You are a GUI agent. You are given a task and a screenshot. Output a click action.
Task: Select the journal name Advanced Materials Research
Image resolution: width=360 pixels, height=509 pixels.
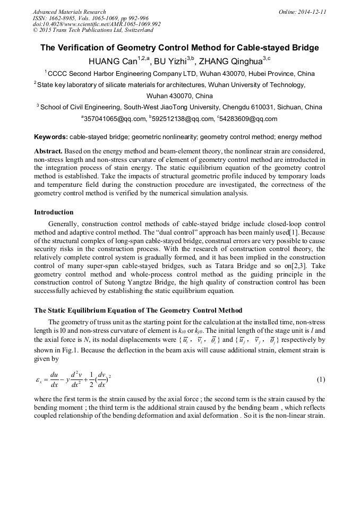[69, 12]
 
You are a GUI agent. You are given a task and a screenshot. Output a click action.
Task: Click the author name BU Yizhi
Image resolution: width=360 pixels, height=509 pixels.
[171, 61]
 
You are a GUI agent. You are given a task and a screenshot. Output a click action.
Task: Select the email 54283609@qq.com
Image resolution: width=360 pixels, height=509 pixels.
[248, 119]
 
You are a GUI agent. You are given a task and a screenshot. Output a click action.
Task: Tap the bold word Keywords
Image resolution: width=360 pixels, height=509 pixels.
[50, 137]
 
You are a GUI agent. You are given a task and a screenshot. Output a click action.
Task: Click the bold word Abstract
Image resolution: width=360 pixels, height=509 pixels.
[48, 151]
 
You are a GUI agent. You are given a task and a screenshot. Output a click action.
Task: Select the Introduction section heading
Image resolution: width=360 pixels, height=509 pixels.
[54, 212]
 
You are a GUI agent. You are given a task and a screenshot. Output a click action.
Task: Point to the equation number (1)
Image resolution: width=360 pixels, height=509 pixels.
[321, 379]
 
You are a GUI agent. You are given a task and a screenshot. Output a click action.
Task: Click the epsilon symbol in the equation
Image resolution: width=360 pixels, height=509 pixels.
[39, 380]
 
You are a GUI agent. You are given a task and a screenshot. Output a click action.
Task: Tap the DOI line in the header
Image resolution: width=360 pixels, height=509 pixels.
[97, 24]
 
